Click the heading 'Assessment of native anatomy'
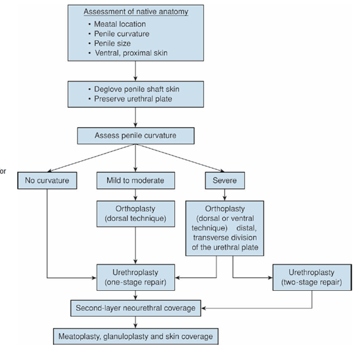[x=136, y=11]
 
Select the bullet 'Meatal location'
[x=117, y=24]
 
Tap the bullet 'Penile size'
[x=110, y=43]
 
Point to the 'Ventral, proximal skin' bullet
[x=128, y=53]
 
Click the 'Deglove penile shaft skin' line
[x=134, y=89]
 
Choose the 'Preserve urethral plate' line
[x=130, y=99]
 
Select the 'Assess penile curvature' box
[x=135, y=136]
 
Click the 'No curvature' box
[x=47, y=181]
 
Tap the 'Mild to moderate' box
[x=135, y=181]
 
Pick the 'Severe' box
[x=225, y=181]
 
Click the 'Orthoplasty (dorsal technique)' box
[x=135, y=213]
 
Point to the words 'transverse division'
[x=225, y=238]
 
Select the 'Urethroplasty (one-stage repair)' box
[x=135, y=277]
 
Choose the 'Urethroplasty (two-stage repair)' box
[x=312, y=277]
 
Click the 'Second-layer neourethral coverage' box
[x=135, y=308]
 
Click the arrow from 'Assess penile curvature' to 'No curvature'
[x=91, y=158]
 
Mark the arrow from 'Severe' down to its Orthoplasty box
[x=224, y=194]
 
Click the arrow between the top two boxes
[x=135, y=71]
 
